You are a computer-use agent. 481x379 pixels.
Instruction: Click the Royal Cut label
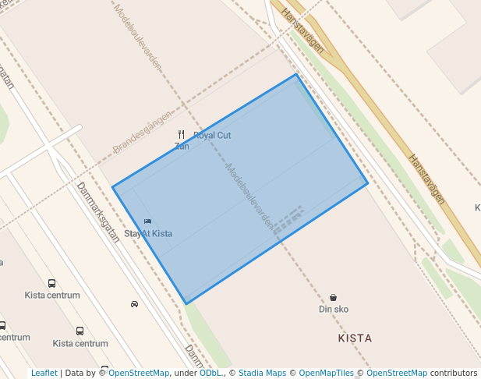[212, 136]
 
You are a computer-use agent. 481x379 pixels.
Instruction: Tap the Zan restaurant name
[182, 146]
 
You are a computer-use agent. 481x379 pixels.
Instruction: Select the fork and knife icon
[182, 135]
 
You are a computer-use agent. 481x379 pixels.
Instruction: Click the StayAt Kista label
[148, 234]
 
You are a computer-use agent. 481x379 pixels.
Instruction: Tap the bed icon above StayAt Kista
[148, 222]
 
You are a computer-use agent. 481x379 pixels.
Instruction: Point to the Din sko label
[334, 309]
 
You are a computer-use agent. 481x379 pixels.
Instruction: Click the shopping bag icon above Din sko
[334, 297]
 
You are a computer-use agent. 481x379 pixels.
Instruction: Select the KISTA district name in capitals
[355, 338]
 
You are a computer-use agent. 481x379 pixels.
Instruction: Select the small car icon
[135, 304]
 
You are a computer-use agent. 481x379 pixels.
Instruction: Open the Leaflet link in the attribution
[44, 373]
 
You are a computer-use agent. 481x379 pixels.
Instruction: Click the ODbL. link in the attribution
[211, 373]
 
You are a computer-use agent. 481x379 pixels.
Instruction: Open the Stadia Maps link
[262, 373]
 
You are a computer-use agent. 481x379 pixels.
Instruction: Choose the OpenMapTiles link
[326, 373]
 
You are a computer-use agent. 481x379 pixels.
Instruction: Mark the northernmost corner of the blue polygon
[296, 74]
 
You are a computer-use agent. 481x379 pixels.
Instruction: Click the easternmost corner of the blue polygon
[367, 184]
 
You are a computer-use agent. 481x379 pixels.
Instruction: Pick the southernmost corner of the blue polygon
[186, 303]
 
